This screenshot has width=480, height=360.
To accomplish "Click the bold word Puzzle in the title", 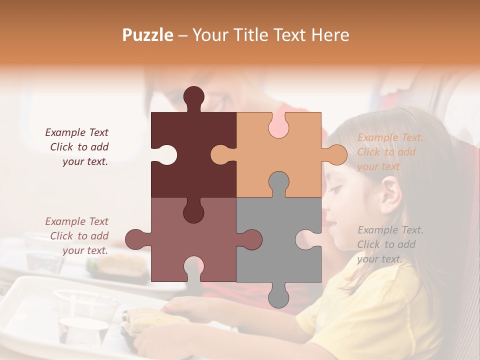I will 148,35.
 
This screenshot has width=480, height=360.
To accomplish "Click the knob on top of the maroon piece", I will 193,96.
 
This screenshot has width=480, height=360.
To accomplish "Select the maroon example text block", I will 77,147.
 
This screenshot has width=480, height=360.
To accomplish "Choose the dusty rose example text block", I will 77,236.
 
